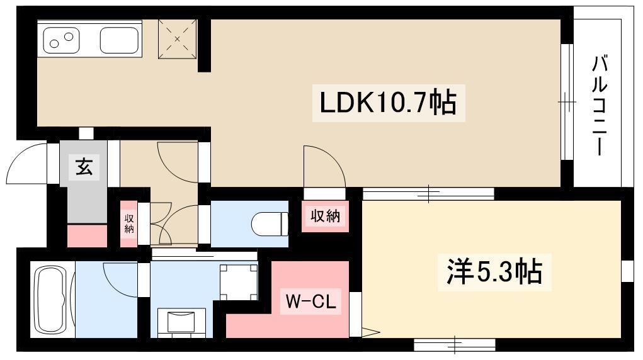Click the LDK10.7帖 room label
tap(387, 103)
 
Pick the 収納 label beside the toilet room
tap(325, 216)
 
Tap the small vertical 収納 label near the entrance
tap(128, 223)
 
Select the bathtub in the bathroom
tap(52, 301)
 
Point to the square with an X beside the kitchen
tap(178, 39)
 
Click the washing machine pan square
tap(238, 282)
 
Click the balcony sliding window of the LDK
tap(567, 101)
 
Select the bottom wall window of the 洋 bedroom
tap(454, 344)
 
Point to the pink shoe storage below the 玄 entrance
tap(87, 235)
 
